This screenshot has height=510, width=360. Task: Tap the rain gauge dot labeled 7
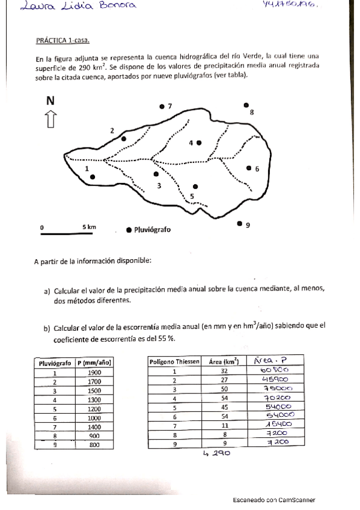coord(162,106)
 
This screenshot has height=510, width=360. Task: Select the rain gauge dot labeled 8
coord(246,105)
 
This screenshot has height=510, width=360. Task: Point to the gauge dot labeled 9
coord(240,224)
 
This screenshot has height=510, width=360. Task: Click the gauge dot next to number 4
coord(199,143)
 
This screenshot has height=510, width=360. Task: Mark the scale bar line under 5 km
coord(67,235)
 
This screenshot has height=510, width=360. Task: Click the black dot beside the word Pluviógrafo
coord(129,230)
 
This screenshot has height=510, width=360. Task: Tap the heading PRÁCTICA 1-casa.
coord(63,40)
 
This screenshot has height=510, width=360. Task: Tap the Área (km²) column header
coord(223,361)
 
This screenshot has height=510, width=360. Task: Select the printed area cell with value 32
coord(223,371)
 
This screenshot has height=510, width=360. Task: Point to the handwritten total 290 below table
coord(219,454)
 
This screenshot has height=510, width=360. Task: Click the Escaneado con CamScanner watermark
coord(274,500)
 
